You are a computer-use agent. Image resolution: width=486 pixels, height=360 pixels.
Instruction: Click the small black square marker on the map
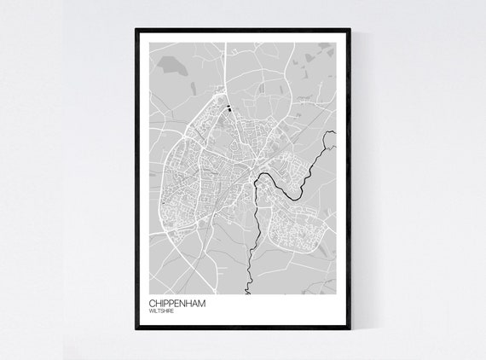(229, 108)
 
